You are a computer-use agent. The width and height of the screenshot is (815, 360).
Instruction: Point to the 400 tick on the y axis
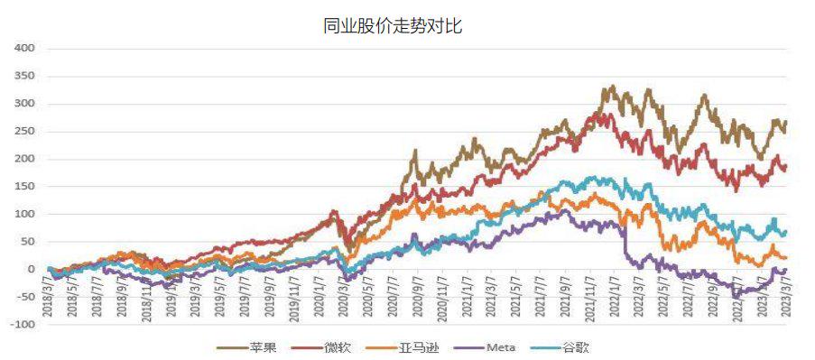point(24,48)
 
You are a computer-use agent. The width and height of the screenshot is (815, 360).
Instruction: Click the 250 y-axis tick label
point(24,131)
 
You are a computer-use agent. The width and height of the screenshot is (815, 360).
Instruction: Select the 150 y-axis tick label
point(24,186)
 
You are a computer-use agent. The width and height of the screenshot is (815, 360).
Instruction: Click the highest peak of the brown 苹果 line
point(613,88)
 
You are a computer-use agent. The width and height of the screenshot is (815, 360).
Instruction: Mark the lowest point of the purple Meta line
point(736,295)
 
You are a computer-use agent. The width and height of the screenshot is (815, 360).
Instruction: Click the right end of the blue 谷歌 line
point(786,232)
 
